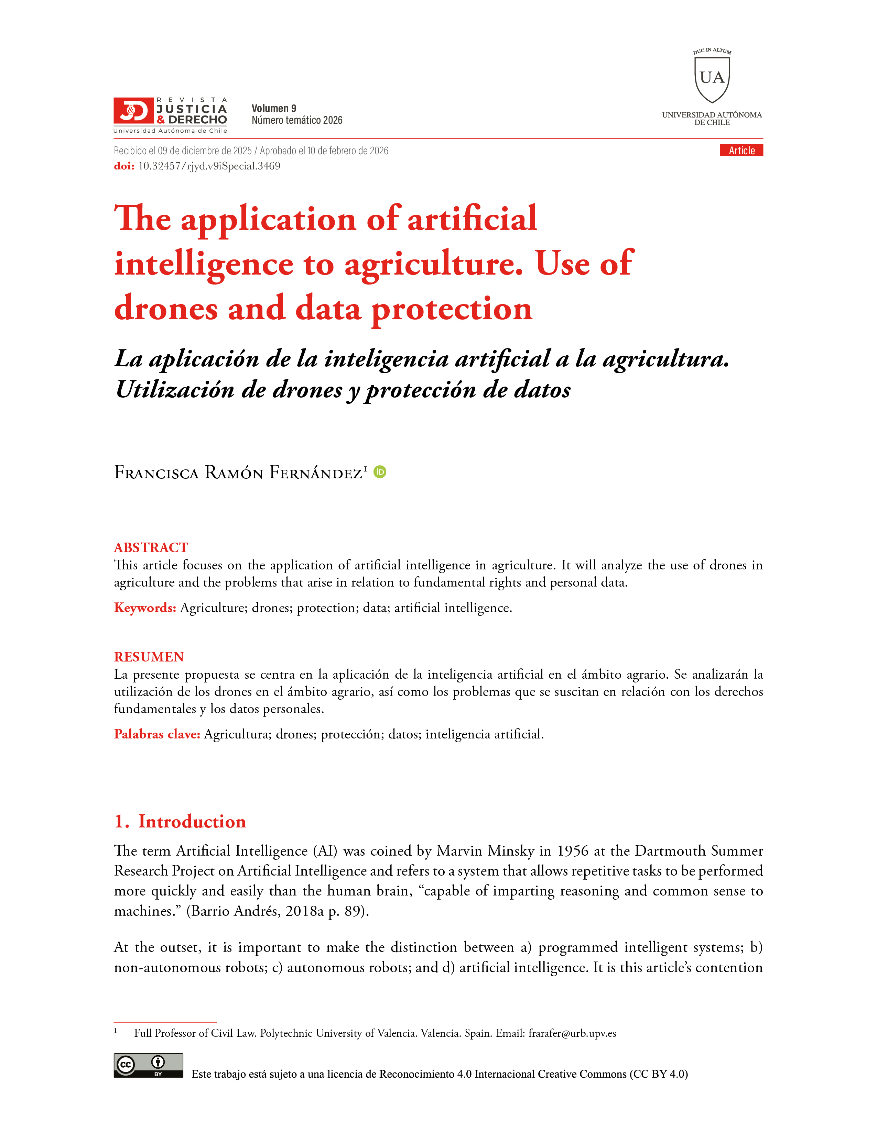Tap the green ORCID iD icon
point(380,472)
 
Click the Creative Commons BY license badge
point(149,1066)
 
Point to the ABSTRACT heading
point(151,547)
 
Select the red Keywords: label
point(145,608)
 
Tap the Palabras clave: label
point(157,734)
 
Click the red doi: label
point(124,166)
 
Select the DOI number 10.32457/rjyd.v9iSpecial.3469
point(209,166)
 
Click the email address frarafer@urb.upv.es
point(572,1033)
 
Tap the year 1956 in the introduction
point(573,851)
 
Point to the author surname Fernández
point(315,472)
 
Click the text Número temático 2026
point(297,121)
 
